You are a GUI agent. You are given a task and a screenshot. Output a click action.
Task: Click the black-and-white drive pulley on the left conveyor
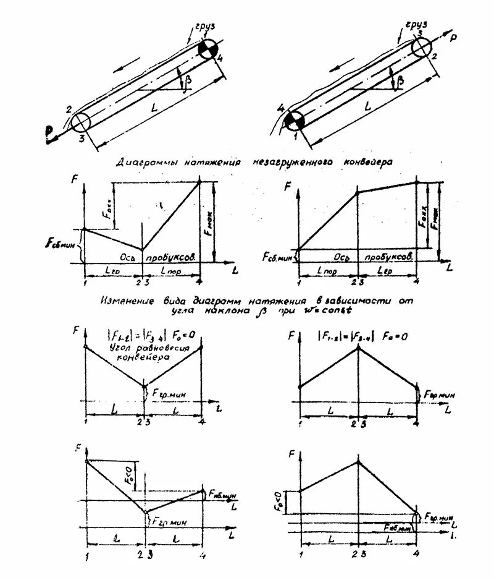[209, 49]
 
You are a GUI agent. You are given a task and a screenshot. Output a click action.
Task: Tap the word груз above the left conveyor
[206, 27]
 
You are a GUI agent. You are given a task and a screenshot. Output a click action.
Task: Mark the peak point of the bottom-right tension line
[358, 461]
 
